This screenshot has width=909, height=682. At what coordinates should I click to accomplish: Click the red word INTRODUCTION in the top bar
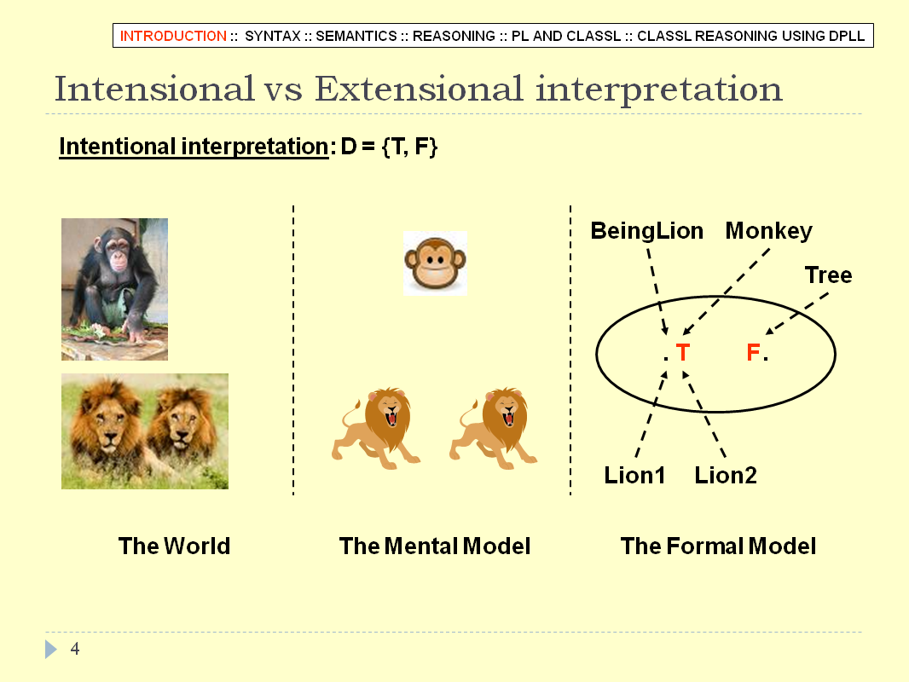click(x=173, y=36)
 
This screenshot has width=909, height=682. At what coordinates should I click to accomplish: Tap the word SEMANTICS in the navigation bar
click(x=356, y=36)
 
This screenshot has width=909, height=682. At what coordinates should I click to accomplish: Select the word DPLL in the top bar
click(x=847, y=36)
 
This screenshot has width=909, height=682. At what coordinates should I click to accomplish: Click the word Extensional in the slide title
click(x=419, y=89)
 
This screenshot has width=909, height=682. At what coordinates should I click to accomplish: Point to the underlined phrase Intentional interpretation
click(x=194, y=146)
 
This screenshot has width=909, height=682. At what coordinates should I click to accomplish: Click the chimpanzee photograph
click(x=115, y=289)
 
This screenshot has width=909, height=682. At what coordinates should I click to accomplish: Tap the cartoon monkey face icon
click(x=436, y=263)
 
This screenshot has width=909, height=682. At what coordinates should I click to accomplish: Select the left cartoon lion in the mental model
click(x=376, y=428)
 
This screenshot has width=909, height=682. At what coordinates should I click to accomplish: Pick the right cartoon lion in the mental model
click(x=494, y=428)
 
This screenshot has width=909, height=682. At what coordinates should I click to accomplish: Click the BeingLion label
click(x=647, y=231)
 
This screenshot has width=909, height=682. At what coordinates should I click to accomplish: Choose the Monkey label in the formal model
click(x=768, y=231)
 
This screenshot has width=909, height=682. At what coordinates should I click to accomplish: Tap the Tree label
click(x=829, y=275)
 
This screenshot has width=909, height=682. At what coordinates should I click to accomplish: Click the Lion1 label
click(x=634, y=475)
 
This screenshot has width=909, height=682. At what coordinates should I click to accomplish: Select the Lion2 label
click(x=726, y=475)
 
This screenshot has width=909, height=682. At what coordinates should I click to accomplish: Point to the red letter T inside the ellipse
click(x=682, y=352)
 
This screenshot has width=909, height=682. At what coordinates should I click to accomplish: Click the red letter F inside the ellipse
click(x=753, y=352)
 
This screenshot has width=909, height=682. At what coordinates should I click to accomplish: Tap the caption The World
click(x=175, y=546)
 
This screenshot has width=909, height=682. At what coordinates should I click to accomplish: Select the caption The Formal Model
click(x=718, y=546)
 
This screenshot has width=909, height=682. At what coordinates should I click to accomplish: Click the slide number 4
click(x=75, y=649)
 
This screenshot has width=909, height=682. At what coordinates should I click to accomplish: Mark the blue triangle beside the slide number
click(x=50, y=649)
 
